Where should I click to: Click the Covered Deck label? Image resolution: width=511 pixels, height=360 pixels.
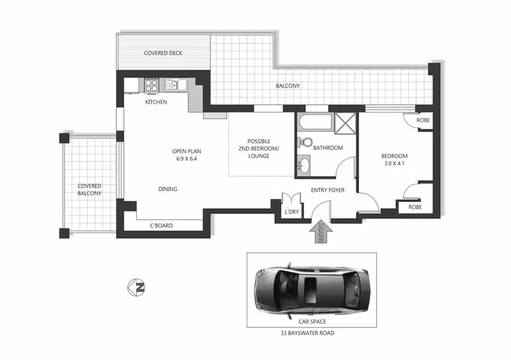(x=163, y=52)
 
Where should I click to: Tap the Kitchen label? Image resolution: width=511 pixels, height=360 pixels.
(x=156, y=102)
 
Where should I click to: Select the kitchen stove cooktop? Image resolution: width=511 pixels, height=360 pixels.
(x=151, y=85)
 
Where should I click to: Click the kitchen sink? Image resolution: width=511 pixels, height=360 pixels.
(x=173, y=85)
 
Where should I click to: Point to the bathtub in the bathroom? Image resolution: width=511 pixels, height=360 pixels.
(x=315, y=125)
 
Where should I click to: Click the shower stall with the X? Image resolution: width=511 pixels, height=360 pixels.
(x=345, y=125)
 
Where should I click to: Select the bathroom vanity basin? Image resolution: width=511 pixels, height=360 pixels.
(x=304, y=164)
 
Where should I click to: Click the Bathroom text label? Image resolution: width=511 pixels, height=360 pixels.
(x=328, y=148)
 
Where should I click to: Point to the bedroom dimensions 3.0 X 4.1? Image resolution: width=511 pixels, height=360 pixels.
(x=395, y=164)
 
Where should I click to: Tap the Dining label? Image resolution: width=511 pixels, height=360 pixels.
(x=168, y=189)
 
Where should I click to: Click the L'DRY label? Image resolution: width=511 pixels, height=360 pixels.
(x=292, y=212)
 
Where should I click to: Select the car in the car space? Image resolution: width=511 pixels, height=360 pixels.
(x=311, y=285)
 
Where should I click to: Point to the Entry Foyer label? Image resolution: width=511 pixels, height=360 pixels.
(x=327, y=190)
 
